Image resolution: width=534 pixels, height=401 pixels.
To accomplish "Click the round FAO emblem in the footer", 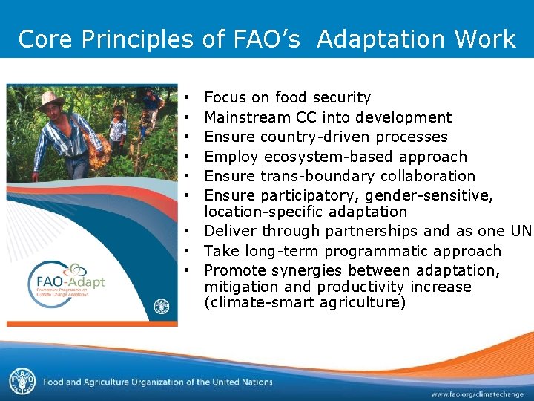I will click(x=22, y=381).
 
